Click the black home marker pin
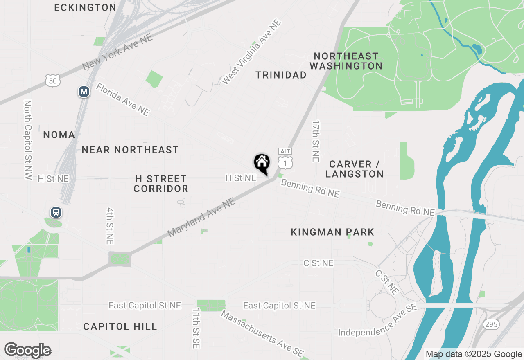(x=262, y=163)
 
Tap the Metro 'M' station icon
(x=84, y=92)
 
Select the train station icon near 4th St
(x=56, y=212)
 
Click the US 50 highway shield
(x=53, y=81)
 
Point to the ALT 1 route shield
(x=285, y=159)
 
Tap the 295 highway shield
(x=490, y=324)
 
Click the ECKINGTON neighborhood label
(x=85, y=7)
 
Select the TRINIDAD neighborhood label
(x=281, y=75)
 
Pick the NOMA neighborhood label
(x=59, y=135)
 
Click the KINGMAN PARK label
(x=332, y=232)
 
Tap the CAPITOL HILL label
(x=120, y=326)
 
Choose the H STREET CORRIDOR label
(x=161, y=184)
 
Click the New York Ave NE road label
(x=117, y=52)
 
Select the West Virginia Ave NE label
(x=251, y=52)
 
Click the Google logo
(x=27, y=350)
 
